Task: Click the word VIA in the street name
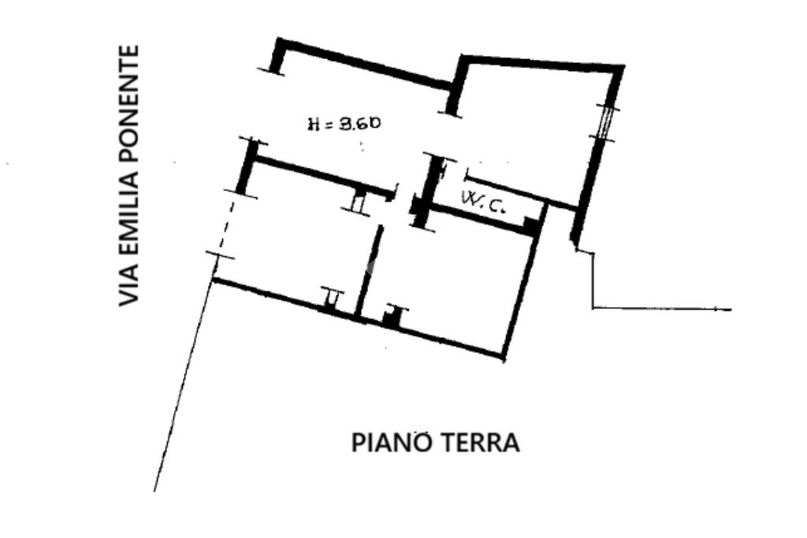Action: (x=128, y=285)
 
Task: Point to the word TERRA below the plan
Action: (x=482, y=443)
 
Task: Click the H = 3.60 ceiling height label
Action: (x=344, y=123)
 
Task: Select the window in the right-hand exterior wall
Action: (x=604, y=121)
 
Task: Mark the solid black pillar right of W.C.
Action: (x=534, y=225)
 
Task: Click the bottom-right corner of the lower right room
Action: (x=503, y=356)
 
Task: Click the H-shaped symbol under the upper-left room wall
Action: (x=359, y=202)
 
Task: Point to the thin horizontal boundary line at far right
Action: (x=662, y=308)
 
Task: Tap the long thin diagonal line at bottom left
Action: (x=183, y=386)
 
